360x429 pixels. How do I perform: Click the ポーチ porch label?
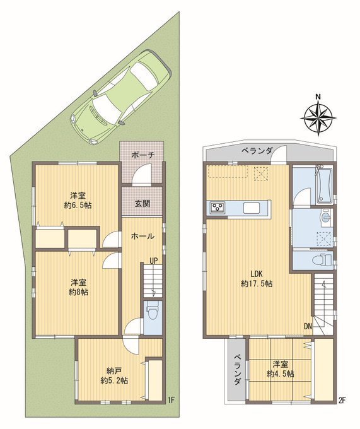tap(142, 155)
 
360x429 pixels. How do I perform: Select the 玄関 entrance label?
tap(142, 203)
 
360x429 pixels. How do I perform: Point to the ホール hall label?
tap(142, 236)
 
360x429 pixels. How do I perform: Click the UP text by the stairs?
tap(154, 261)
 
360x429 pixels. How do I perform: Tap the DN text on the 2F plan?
tap(308, 326)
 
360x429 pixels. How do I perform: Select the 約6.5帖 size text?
tap(78, 205)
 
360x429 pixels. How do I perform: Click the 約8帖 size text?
tap(78, 292)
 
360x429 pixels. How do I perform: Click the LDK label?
tap(257, 273)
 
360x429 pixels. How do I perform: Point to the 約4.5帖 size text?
tap(280, 373)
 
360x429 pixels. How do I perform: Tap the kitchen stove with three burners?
tap(218, 206)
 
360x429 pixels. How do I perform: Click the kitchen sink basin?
tap(253, 207)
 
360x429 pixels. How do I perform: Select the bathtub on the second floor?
tap(324, 185)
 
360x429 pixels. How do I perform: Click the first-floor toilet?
tap(152, 311)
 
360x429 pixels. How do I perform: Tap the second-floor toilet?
tap(325, 259)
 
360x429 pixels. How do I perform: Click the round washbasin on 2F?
tap(326, 218)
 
